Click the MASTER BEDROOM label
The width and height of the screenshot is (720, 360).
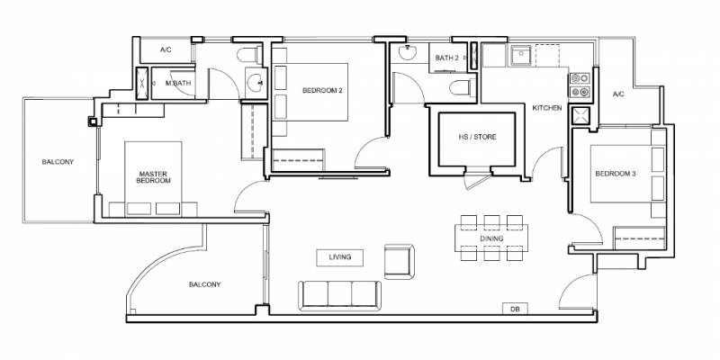[154, 177]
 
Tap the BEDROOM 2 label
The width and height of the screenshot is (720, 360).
[322, 91]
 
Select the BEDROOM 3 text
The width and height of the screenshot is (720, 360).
[616, 174]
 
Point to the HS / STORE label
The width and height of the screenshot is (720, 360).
[477, 137]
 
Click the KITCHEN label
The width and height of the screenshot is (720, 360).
[547, 108]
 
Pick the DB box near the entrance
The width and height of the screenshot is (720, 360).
[515, 309]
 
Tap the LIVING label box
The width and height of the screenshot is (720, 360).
[340, 257]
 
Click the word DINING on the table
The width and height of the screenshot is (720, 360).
[491, 238]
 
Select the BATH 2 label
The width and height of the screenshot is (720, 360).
[446, 58]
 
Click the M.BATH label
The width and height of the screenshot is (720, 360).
[178, 83]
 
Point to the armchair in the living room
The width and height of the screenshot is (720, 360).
[399, 261]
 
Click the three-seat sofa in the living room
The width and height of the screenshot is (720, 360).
[339, 295]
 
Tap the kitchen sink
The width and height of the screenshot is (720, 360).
[521, 55]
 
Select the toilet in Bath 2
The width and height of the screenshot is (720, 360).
[460, 86]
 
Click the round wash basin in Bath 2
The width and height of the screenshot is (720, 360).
[408, 53]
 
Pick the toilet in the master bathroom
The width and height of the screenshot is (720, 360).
[247, 55]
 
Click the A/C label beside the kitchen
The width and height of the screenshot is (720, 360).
[618, 94]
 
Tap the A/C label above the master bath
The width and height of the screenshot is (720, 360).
[166, 49]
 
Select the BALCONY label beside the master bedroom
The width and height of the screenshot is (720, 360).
[58, 162]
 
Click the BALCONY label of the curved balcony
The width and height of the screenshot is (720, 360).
[205, 284]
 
